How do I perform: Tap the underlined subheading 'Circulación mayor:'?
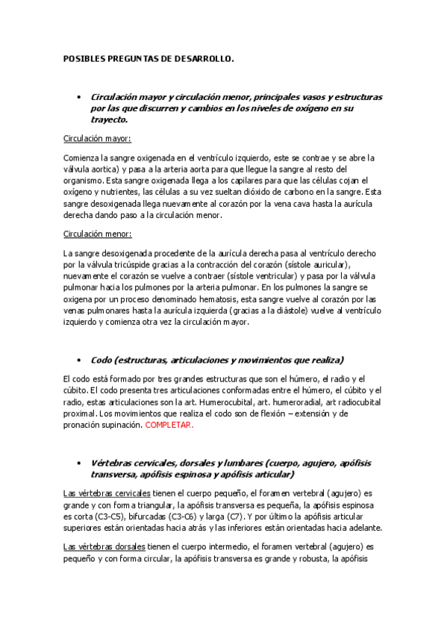[97, 138]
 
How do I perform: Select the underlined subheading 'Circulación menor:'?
[97, 234]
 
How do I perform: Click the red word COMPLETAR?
[169, 425]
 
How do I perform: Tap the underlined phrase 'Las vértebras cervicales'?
[107, 494]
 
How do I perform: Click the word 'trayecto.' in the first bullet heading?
[108, 119]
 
